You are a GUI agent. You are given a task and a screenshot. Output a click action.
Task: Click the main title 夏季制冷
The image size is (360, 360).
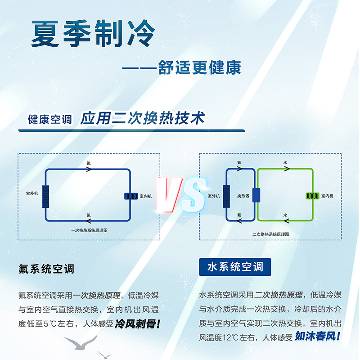[93, 33]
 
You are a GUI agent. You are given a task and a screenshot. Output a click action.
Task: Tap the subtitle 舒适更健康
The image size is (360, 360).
[200, 67]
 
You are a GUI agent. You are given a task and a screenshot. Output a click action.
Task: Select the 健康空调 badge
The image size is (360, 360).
[50, 120]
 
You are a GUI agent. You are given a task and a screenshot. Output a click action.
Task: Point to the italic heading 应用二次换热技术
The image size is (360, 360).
[143, 118]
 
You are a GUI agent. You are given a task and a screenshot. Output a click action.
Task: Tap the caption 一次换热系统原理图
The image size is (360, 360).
[89, 230]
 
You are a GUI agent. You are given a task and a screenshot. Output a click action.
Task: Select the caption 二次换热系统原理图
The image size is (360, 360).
[270, 235]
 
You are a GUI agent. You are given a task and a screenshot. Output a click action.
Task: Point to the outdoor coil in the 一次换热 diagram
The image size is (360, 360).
[45, 196]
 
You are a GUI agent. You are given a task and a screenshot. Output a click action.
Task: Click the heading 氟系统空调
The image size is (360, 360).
[46, 269]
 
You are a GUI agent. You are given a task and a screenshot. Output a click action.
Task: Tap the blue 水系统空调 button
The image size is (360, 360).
[235, 267]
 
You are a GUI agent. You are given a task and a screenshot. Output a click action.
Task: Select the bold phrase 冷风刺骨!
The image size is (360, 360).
[138, 324]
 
